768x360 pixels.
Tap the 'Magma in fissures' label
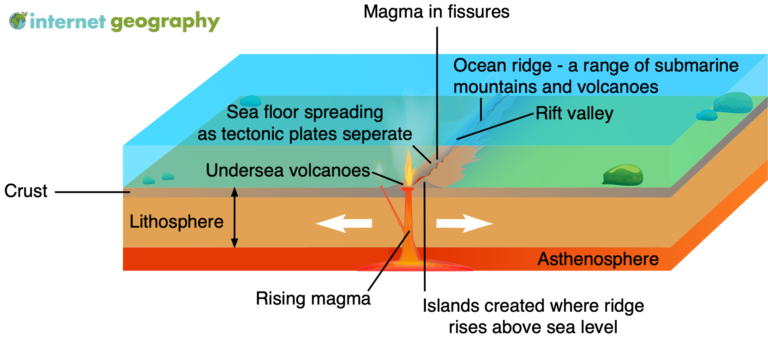pos(436,13)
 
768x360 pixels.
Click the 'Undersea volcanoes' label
pos(288,170)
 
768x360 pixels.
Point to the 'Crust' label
pos(25,190)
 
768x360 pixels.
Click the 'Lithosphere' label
pos(178,221)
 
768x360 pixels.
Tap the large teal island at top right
pos(735,102)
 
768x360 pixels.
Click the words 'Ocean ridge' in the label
pos(498,66)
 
